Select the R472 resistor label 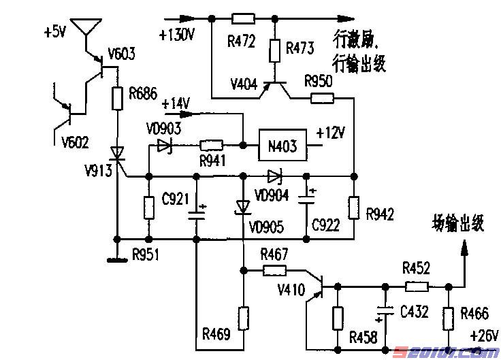(x=242, y=42)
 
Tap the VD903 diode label (x=163, y=127)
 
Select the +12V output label (x=332, y=133)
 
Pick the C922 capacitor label (x=325, y=225)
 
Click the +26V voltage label (x=484, y=335)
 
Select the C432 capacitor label (x=415, y=312)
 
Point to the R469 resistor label (x=216, y=334)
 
